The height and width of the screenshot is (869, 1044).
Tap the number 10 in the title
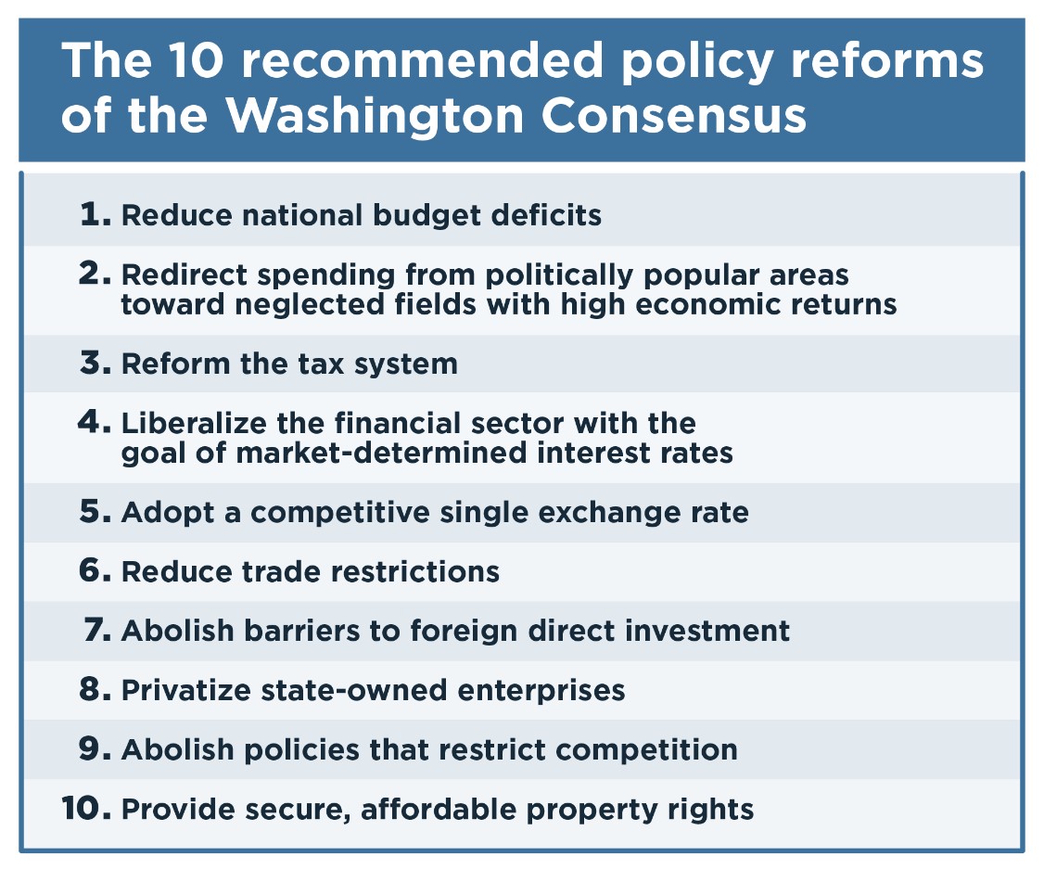point(197,60)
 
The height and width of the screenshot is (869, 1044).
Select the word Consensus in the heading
point(674,116)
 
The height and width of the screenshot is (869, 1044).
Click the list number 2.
point(95,273)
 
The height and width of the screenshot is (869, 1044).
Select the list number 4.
point(94,421)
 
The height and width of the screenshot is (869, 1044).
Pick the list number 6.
point(95,570)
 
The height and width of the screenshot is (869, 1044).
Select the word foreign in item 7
point(464,631)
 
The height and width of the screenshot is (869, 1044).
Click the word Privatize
point(186,691)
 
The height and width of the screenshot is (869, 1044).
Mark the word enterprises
point(541,691)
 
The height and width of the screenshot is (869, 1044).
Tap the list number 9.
point(95,748)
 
